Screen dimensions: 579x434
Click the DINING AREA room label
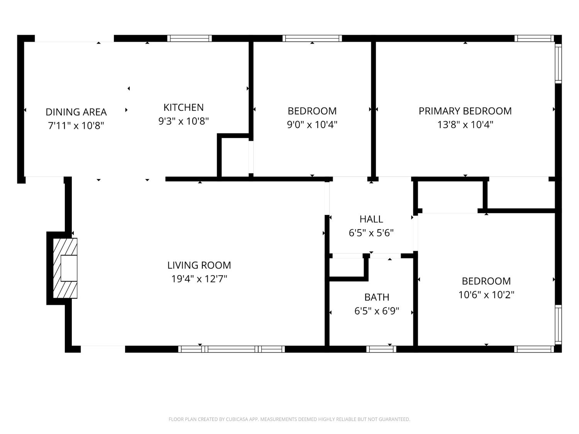pyautogui.click(x=76, y=112)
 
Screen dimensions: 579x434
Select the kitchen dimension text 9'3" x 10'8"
pyautogui.click(x=184, y=121)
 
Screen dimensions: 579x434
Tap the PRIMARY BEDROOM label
pyautogui.click(x=465, y=111)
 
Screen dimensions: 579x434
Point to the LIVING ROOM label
pyautogui.click(x=199, y=265)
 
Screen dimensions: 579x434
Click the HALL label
pyautogui.click(x=371, y=219)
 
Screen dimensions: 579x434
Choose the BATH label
pyautogui.click(x=377, y=297)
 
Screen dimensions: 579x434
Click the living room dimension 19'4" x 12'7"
pyautogui.click(x=199, y=279)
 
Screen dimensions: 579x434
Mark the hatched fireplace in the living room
pyautogui.click(x=65, y=268)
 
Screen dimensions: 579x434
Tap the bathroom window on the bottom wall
pyautogui.click(x=381, y=349)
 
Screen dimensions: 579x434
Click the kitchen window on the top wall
pyautogui.click(x=190, y=39)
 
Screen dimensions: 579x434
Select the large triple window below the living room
pyautogui.click(x=231, y=349)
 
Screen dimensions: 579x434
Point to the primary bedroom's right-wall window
pyautogui.click(x=558, y=63)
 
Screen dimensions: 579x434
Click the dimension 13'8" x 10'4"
pyautogui.click(x=465, y=125)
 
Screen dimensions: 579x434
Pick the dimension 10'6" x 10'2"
pyautogui.click(x=486, y=295)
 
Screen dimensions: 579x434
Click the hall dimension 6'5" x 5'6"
pyautogui.click(x=371, y=233)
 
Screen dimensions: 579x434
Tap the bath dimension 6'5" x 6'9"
pyautogui.click(x=377, y=311)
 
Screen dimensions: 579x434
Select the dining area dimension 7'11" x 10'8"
pyautogui.click(x=76, y=126)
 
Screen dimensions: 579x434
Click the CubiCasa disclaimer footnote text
pyautogui.click(x=289, y=419)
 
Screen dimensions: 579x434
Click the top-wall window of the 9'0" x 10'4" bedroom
pyautogui.click(x=312, y=39)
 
